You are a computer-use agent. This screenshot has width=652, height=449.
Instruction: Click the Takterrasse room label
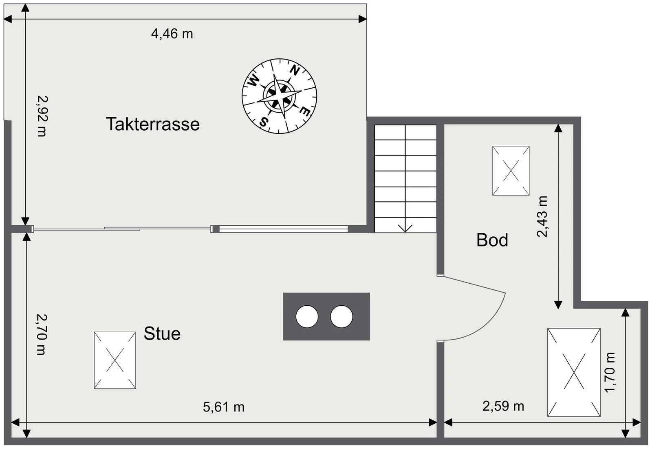point(153,124)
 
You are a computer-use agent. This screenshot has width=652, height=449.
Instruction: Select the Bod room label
point(492,240)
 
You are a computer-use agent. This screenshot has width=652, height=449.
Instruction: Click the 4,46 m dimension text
point(172,34)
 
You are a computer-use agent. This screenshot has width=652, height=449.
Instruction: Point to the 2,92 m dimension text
point(42,116)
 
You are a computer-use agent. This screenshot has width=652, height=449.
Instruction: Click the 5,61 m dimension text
point(224,407)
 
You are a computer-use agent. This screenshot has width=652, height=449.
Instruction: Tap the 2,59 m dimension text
point(503,406)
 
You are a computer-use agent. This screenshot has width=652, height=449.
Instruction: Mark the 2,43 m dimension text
point(542,217)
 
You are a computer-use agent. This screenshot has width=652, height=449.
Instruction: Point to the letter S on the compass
point(264,122)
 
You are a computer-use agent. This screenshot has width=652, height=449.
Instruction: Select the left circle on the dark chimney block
point(307,317)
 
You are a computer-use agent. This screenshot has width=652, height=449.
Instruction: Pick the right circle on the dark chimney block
point(341,317)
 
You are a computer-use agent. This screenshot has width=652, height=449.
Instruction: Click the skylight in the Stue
point(115,360)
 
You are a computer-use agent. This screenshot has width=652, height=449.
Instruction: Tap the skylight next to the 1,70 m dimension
point(574,372)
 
